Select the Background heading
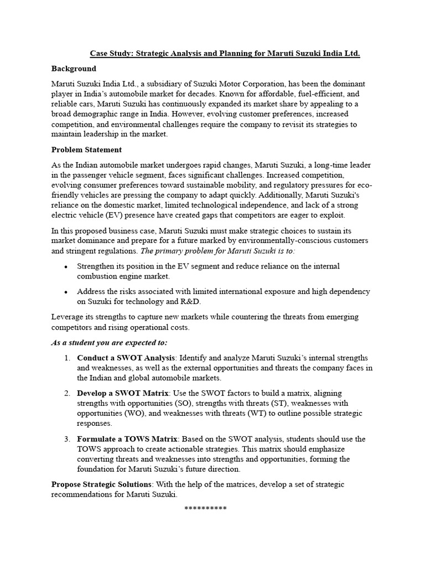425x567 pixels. click(74, 69)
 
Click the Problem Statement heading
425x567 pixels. click(86, 150)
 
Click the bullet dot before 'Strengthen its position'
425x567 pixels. click(66, 267)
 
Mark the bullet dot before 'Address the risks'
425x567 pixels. click(66, 292)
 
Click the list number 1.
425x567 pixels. click(66, 358)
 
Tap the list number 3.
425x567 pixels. click(66, 439)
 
